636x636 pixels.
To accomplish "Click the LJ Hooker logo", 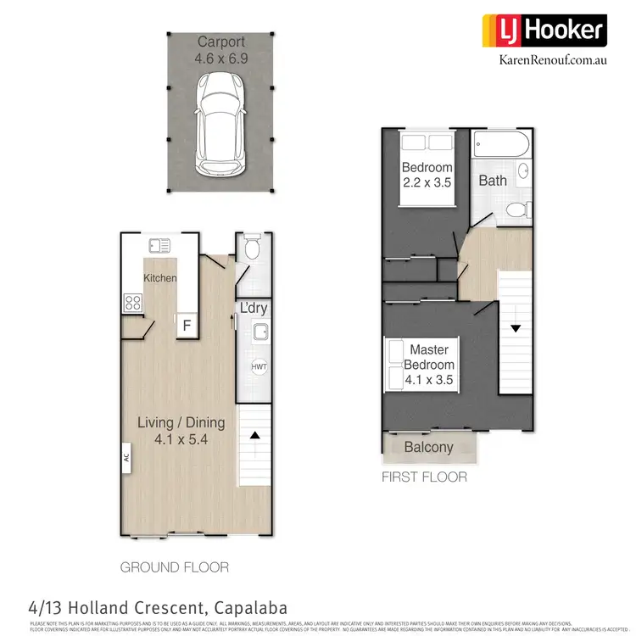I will (543, 31).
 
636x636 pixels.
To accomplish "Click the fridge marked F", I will (187, 324).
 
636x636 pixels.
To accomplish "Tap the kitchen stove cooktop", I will (133, 302).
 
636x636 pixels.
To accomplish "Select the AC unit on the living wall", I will (125, 455).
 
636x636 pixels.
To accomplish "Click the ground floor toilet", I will (251, 248).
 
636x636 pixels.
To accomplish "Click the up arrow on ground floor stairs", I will (254, 435).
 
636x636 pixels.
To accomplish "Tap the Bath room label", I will (493, 180).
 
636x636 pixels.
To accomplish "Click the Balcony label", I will (428, 447).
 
